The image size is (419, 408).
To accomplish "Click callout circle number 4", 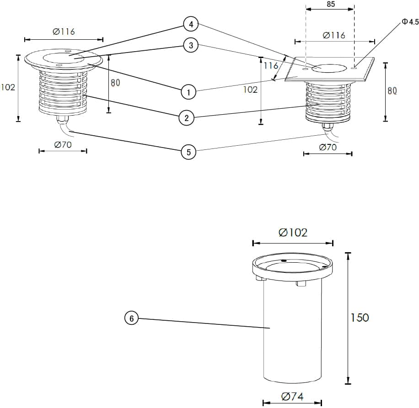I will tap(191, 24).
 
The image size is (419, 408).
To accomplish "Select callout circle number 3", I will tap(191, 45).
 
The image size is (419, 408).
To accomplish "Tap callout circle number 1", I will tap(188, 92).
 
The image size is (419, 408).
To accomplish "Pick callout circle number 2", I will tap(187, 118).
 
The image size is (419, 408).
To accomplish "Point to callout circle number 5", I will tap(188, 152).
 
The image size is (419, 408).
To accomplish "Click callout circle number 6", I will tap(131, 319).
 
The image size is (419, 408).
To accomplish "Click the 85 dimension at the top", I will tap(331, 4).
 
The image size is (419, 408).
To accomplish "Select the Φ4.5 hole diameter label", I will tap(410, 21).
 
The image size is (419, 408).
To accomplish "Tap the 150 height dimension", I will tap(360, 318).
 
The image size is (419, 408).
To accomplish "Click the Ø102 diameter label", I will tap(293, 233).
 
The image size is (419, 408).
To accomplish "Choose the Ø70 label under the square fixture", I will tap(328, 147).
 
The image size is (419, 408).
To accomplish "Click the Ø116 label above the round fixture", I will tap(63, 32).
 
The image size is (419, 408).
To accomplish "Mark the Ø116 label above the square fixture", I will tap(334, 35).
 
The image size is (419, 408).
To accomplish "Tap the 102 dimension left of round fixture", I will tap(8, 87).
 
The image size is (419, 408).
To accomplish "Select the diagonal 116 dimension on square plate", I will tap(271, 66).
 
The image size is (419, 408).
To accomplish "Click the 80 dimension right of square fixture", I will tap(392, 90).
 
